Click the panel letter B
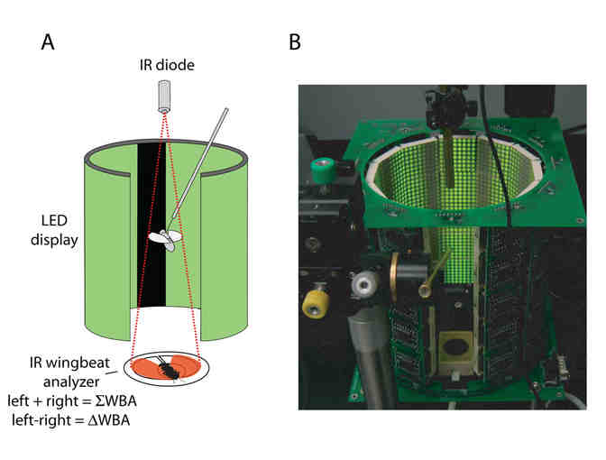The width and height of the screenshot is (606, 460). coord(294,43)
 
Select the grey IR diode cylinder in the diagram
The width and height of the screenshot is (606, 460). coord(164,97)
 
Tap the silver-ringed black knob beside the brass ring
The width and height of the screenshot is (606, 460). coord(365,286)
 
